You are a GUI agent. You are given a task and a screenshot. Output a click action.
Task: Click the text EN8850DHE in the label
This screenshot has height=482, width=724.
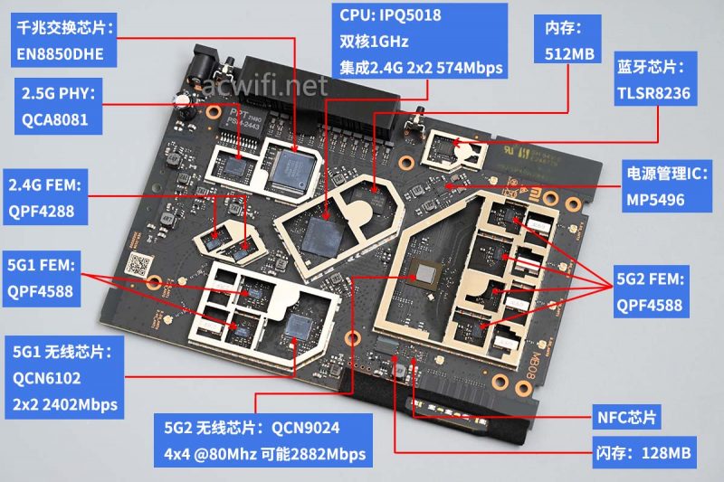coord(60,53)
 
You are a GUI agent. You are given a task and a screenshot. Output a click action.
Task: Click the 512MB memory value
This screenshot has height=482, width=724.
coord(569,53)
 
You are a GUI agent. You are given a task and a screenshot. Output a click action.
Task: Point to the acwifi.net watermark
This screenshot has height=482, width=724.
coord(262,86)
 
